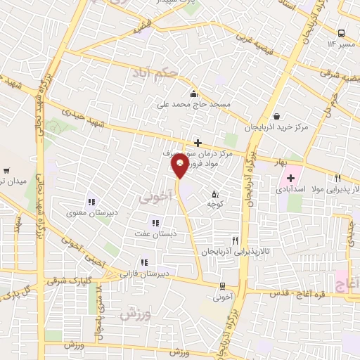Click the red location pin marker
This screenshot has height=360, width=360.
(179, 166)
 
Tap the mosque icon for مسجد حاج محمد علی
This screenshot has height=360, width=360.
(194, 94)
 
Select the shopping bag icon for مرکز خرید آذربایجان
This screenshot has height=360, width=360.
(276, 117)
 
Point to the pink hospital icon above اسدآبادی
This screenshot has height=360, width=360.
(290, 179)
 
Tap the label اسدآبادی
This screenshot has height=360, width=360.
(289, 190)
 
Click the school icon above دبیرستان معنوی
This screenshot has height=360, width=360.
(91, 201)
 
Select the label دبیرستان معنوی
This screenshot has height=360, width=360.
(86, 212)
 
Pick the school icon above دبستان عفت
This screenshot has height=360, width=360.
(156, 224)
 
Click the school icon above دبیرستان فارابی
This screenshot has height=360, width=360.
(144, 263)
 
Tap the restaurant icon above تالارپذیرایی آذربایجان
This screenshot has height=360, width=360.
(243, 240)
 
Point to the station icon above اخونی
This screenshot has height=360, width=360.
(223, 286)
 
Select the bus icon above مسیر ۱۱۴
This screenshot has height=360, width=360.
(341, 33)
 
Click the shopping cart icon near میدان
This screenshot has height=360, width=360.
(6, 171)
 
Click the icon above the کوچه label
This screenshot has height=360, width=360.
(215, 193)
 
